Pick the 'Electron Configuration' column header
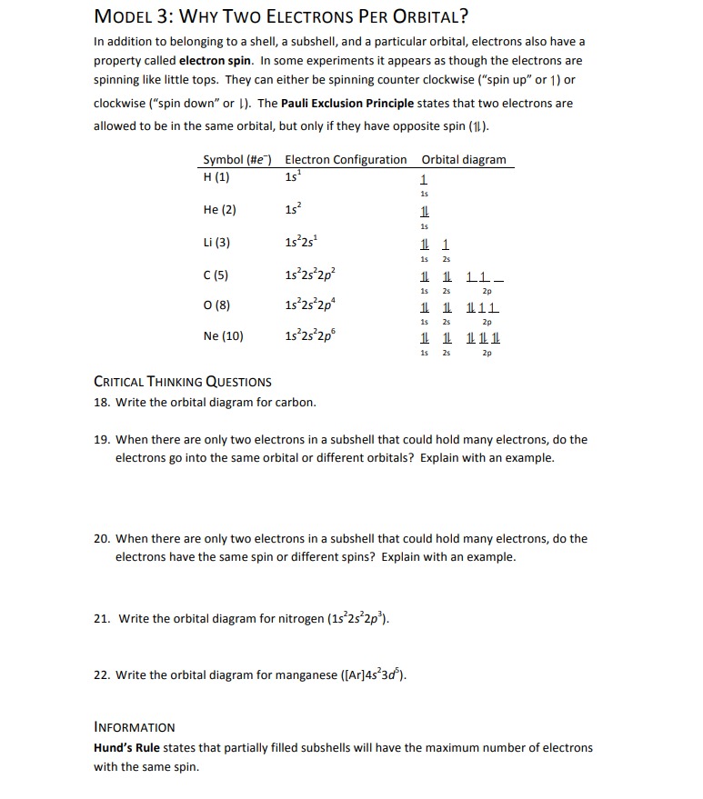(346, 160)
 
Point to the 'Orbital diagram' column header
(464, 160)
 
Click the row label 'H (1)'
(216, 176)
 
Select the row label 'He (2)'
(219, 210)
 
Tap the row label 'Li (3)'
(217, 243)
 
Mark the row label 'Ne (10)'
(223, 336)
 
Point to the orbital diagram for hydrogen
(424, 180)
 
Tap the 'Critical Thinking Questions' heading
(183, 382)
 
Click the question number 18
(102, 402)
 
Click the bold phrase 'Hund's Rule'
(126, 748)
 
